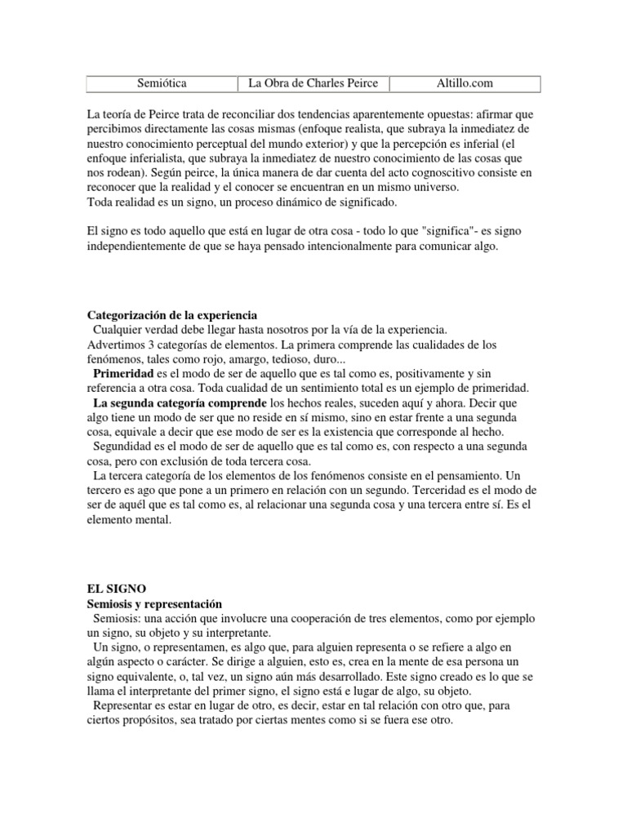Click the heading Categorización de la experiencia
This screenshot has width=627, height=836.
[172, 315]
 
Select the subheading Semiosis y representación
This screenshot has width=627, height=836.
[155, 603]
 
